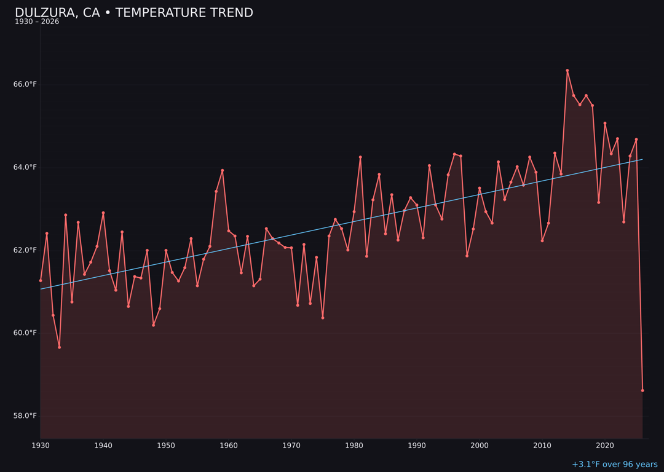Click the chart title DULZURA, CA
click(133, 13)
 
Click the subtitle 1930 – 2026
click(37, 22)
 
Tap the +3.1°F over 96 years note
click(614, 465)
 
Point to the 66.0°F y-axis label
click(25, 84)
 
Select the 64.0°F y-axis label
click(25, 167)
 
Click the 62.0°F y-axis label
click(25, 250)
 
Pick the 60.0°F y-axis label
click(25, 333)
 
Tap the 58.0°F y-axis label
click(25, 416)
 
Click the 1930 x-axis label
click(41, 446)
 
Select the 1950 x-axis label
click(166, 446)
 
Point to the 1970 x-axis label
click(291, 446)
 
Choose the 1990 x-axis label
click(417, 446)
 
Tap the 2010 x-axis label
click(542, 446)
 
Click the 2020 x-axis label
click(605, 446)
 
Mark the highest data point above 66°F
click(567, 71)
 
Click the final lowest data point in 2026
click(642, 390)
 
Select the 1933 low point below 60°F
click(60, 347)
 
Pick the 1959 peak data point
click(223, 170)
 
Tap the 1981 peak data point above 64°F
click(360, 157)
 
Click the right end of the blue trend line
click(642, 160)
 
